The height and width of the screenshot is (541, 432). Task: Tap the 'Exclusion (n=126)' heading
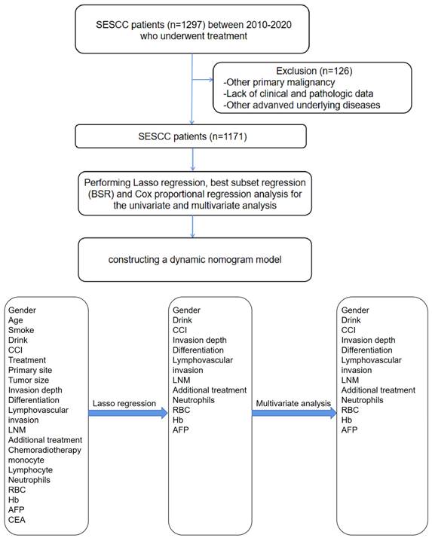tap(314, 71)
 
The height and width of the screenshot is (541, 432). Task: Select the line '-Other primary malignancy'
tap(279, 82)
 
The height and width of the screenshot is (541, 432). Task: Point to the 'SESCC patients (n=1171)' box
tap(191, 136)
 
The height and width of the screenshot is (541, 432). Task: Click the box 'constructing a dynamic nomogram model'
tap(195, 259)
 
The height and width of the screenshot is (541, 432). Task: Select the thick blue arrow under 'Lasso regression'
tap(128, 414)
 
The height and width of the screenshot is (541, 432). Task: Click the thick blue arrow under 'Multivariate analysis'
tap(294, 414)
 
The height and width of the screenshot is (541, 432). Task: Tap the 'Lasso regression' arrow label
tap(124, 403)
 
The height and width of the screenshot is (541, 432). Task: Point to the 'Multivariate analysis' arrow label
tap(293, 403)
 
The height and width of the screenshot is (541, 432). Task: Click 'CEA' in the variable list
tap(17, 520)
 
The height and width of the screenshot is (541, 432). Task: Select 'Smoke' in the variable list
tap(21, 330)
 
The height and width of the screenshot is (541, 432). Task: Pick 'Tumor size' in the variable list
tap(29, 380)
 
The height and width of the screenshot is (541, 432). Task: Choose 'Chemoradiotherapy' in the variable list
tap(45, 450)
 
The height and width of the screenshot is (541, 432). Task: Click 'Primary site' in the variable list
tap(30, 370)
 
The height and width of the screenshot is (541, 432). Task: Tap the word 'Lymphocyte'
tap(30, 470)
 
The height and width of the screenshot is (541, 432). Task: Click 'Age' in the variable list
tap(16, 320)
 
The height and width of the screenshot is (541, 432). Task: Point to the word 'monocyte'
tap(26, 460)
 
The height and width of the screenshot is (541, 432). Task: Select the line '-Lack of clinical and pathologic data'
tap(299, 93)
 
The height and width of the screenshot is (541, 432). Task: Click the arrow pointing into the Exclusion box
tap(203, 80)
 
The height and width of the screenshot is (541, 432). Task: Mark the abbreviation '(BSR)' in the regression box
tap(101, 194)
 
